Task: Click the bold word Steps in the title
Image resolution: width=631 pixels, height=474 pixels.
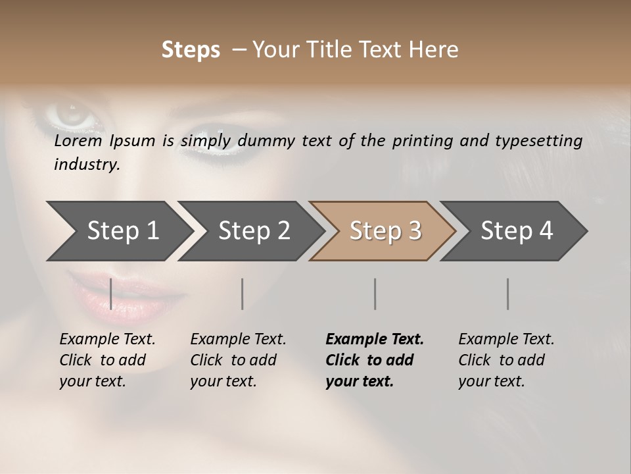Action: click(x=191, y=50)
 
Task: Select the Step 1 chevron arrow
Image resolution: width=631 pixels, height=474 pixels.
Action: click(x=118, y=231)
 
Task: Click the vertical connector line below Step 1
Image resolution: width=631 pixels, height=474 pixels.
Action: click(x=111, y=294)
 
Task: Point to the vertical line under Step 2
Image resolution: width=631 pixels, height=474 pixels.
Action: click(x=243, y=294)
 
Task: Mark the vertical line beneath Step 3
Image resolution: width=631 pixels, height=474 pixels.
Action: click(x=375, y=294)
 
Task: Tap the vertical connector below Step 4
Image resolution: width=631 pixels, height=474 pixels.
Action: click(x=508, y=294)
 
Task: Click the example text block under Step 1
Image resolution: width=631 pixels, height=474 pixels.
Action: click(x=107, y=360)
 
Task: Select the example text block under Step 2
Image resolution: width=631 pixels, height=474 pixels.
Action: click(x=238, y=360)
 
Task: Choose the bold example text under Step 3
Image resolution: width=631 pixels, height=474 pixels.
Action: click(x=375, y=360)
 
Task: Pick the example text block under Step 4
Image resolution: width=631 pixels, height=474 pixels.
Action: click(x=506, y=360)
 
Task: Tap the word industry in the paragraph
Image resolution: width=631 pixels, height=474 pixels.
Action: click(x=86, y=165)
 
